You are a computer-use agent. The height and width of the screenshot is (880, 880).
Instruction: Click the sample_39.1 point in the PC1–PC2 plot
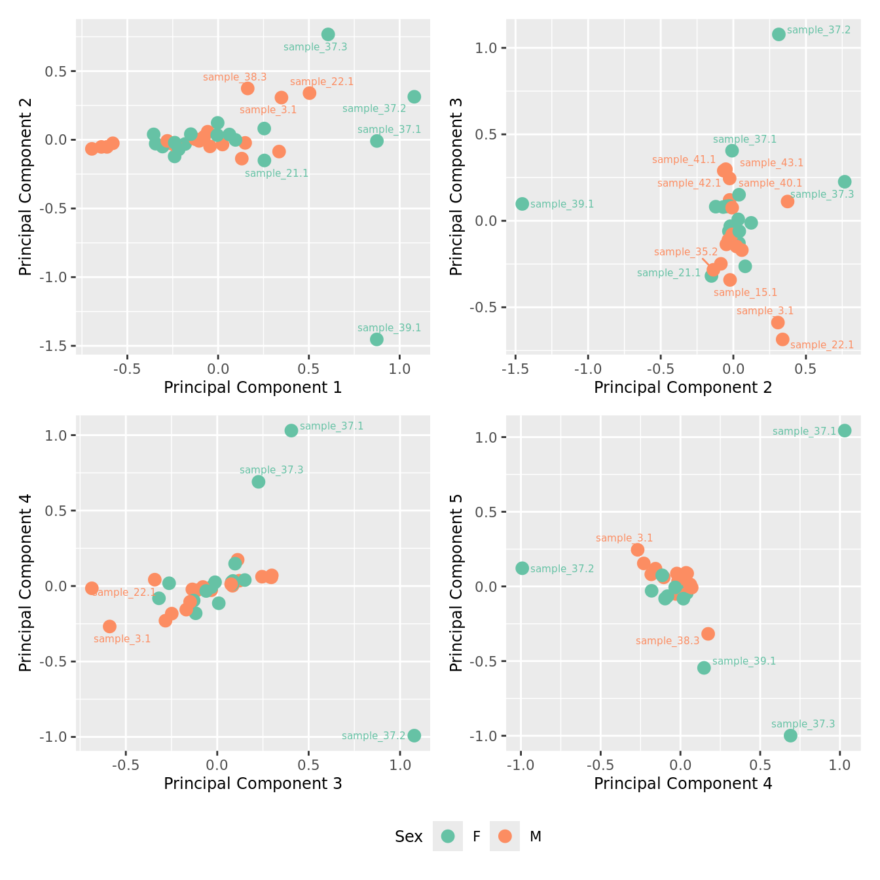pyautogui.click(x=376, y=339)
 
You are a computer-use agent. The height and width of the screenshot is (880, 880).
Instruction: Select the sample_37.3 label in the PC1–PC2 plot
pyautogui.click(x=315, y=47)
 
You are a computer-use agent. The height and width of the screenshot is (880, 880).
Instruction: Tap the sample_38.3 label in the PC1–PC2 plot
pyautogui.click(x=234, y=77)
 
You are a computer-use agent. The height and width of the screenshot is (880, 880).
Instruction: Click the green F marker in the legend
pyautogui.click(x=448, y=836)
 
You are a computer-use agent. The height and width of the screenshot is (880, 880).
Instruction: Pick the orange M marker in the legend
pyautogui.click(x=505, y=836)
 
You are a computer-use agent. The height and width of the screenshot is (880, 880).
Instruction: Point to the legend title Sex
pyautogui.click(x=409, y=837)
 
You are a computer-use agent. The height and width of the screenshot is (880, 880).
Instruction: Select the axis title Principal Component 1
pyautogui.click(x=253, y=388)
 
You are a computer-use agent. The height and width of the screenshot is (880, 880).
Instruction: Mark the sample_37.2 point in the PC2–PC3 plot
pyautogui.click(x=779, y=34)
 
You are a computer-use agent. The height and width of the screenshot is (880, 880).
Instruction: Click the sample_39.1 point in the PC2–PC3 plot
pyautogui.click(x=522, y=204)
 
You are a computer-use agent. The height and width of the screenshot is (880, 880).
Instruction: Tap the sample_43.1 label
pyautogui.click(x=771, y=163)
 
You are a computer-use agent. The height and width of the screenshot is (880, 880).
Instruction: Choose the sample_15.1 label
pyautogui.click(x=745, y=293)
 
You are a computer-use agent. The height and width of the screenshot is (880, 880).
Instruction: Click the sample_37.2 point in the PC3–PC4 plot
pyautogui.click(x=414, y=735)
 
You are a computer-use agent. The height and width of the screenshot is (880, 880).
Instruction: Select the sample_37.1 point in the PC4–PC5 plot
pyautogui.click(x=845, y=430)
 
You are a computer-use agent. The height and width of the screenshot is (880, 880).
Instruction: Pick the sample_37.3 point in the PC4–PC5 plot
pyautogui.click(x=790, y=735)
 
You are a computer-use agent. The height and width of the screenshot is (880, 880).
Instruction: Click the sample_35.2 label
pyautogui.click(x=686, y=252)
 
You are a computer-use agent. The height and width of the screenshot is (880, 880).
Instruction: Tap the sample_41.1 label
pyautogui.click(x=684, y=160)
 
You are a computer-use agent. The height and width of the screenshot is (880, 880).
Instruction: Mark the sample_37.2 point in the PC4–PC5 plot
pyautogui.click(x=522, y=568)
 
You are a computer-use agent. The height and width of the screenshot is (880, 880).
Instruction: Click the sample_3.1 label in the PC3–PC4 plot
pyautogui.click(x=122, y=639)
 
